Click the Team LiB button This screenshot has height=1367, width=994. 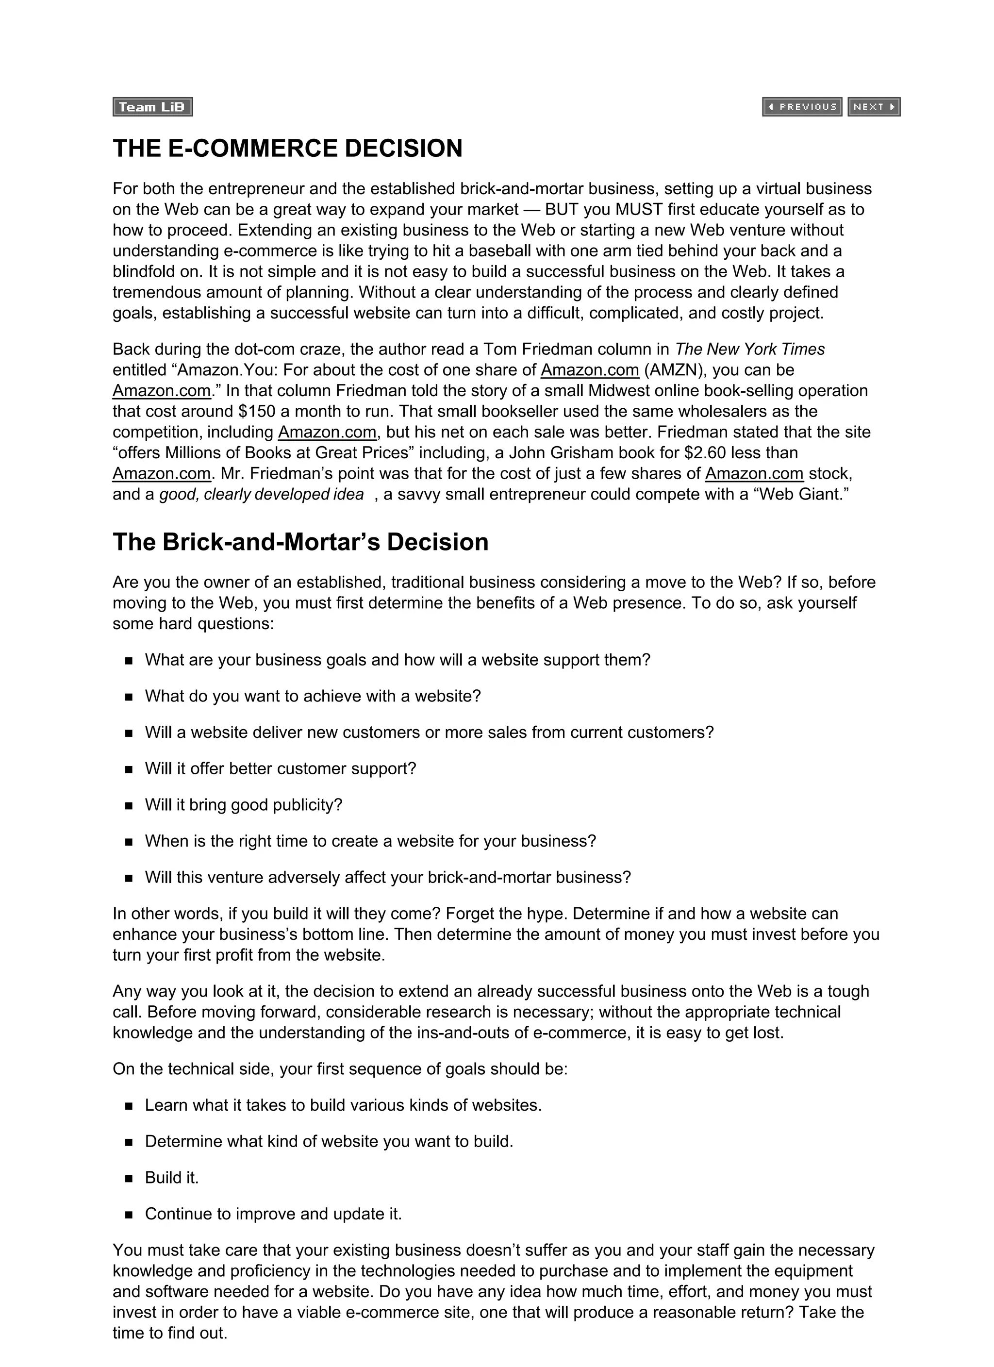point(152,107)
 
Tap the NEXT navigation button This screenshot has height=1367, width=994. point(874,107)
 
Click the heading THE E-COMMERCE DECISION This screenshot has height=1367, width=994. point(287,148)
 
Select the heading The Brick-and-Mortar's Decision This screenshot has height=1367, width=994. point(300,542)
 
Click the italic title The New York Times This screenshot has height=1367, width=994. point(750,349)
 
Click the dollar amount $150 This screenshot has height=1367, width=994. point(257,411)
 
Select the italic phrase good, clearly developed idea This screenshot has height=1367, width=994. point(261,494)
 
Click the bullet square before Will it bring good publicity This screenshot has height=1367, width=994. point(129,806)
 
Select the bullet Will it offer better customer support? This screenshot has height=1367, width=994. point(281,768)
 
